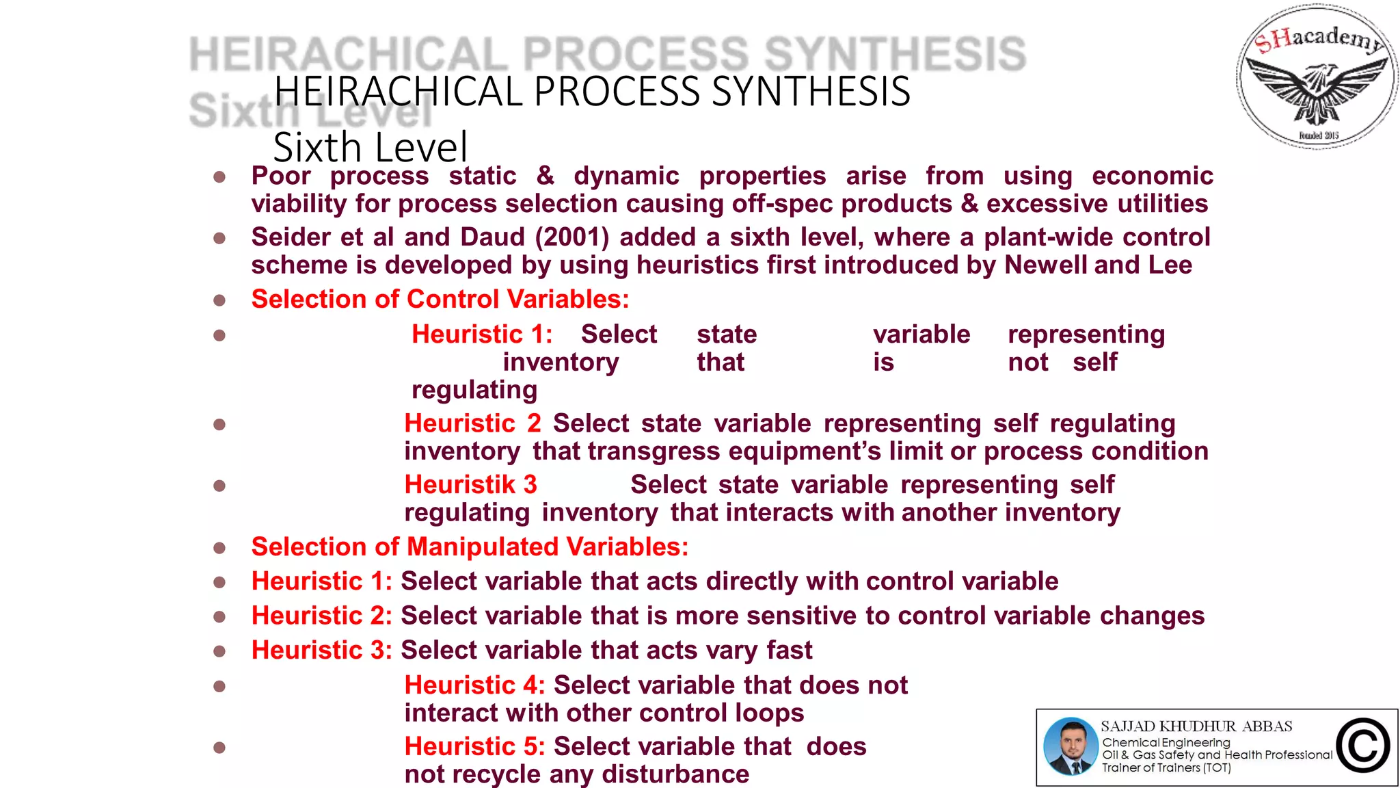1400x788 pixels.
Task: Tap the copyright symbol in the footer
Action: (x=1362, y=746)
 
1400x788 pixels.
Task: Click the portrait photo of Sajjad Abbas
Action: (x=1071, y=746)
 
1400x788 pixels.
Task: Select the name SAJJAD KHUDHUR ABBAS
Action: (x=1196, y=726)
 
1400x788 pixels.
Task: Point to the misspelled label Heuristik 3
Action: (x=470, y=485)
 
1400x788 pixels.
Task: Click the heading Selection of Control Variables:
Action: (x=440, y=300)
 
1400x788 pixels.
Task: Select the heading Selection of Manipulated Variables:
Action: (x=470, y=547)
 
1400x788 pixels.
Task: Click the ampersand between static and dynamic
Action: (x=545, y=176)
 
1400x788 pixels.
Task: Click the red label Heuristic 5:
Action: (x=474, y=746)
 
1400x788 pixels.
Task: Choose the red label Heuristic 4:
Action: (x=474, y=685)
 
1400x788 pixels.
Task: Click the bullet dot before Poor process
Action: (x=219, y=177)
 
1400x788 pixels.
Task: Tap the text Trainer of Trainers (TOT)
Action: (x=1166, y=767)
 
